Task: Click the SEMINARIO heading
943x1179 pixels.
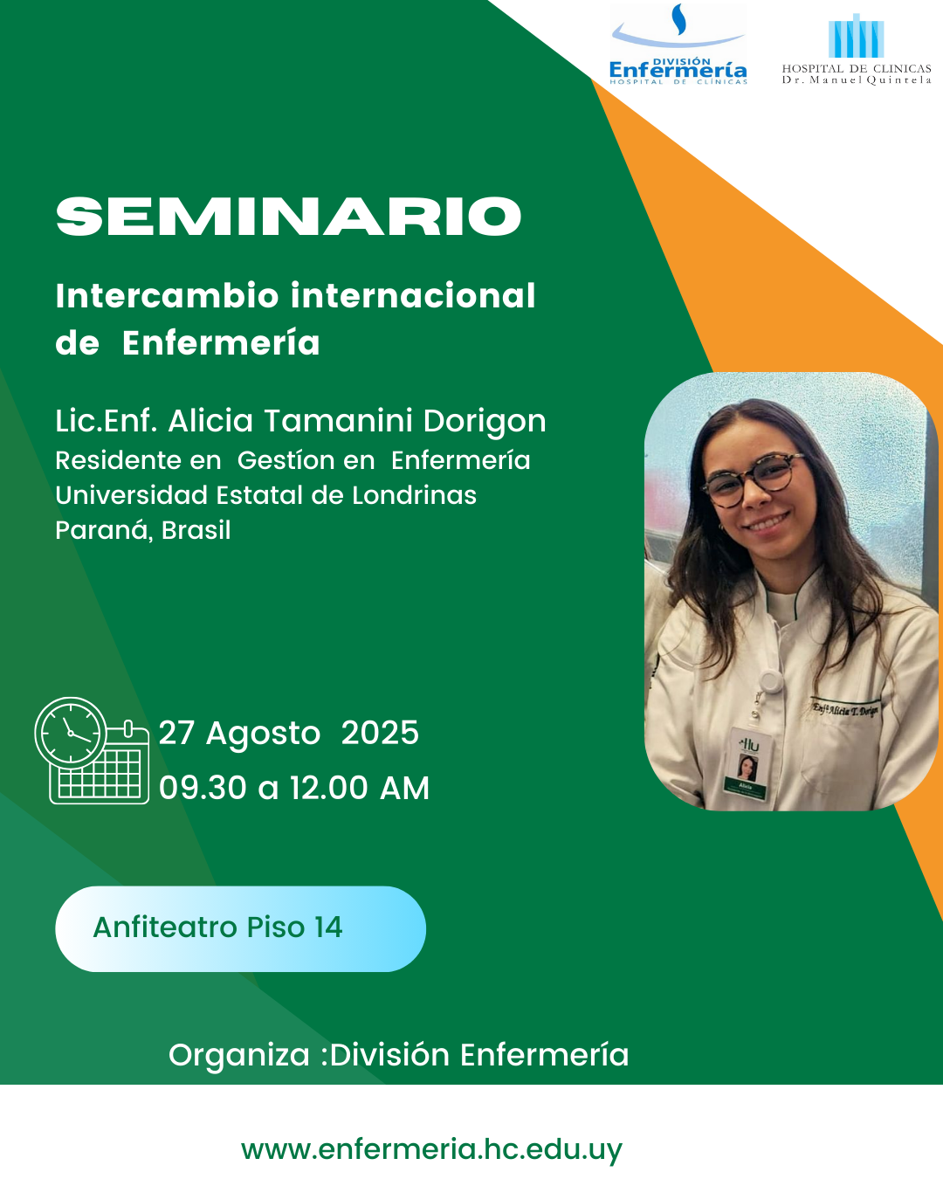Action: click(288, 217)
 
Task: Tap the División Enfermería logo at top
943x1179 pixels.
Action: click(678, 44)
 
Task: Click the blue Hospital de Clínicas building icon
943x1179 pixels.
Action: click(856, 36)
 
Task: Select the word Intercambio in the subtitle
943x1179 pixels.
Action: click(167, 296)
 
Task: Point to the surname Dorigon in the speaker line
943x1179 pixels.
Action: click(485, 421)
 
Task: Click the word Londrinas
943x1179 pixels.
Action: click(414, 495)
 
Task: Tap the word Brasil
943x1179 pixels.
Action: click(196, 530)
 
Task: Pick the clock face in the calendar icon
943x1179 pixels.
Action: click(71, 733)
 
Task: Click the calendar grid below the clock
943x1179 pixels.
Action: click(100, 774)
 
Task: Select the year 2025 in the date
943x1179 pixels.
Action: click(380, 733)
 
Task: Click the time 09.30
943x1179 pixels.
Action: click(203, 789)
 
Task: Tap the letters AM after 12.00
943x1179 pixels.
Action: click(405, 789)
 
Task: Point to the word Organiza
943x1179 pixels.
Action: click(239, 1055)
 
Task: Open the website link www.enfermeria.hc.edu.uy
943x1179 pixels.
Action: click(432, 1149)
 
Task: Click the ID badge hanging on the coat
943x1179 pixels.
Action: click(748, 766)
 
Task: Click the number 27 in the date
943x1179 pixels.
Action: click(176, 733)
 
